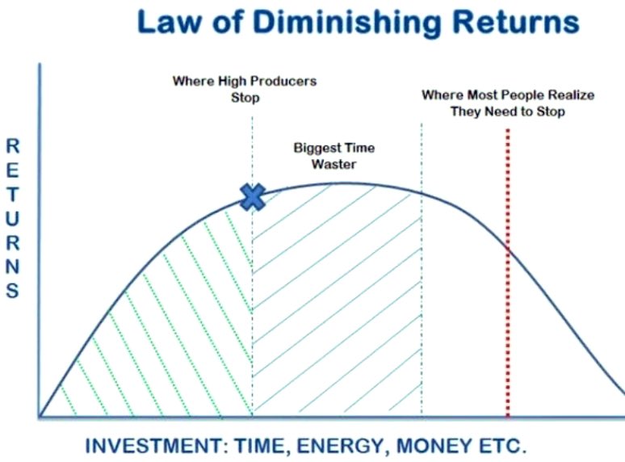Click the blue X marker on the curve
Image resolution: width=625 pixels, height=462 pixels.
tap(253, 196)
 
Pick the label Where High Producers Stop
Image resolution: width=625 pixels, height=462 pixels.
tap(244, 89)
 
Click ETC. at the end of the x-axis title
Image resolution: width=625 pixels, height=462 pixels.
tap(500, 445)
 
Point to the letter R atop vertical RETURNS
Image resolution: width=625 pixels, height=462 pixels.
tap(13, 146)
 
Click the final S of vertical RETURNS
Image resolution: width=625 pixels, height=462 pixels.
tap(13, 291)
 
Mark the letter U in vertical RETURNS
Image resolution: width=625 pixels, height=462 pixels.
tap(13, 218)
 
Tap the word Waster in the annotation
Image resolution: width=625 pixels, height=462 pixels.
tap(334, 164)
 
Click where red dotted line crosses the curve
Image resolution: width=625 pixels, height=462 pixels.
tap(508, 250)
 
